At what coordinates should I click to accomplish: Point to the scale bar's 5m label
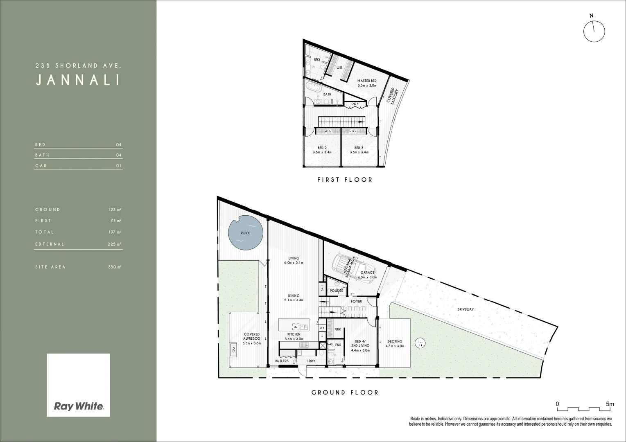pyautogui.click(x=610, y=404)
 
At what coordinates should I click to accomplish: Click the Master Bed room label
pyautogui.click(x=366, y=83)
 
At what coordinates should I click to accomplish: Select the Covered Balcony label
pyautogui.click(x=392, y=96)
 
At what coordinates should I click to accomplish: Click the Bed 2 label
pyautogui.click(x=322, y=150)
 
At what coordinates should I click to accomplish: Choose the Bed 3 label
pyautogui.click(x=359, y=150)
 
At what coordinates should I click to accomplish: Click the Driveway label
pyautogui.click(x=466, y=309)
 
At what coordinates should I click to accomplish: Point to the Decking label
pyautogui.click(x=395, y=343)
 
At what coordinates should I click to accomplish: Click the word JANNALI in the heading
pyautogui.click(x=78, y=80)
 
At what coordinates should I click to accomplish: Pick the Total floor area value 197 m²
pyautogui.click(x=115, y=232)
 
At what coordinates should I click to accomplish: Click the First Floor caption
pyautogui.click(x=345, y=180)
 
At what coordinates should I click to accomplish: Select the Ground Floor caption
pyautogui.click(x=345, y=392)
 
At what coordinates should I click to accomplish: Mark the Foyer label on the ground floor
pyautogui.click(x=356, y=302)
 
